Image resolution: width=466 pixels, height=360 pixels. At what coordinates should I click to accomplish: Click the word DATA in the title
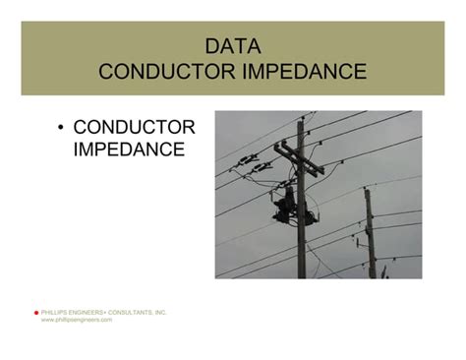233,46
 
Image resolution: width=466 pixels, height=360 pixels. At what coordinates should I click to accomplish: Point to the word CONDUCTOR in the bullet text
135,128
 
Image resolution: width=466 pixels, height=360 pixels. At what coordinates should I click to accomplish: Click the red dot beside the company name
35,313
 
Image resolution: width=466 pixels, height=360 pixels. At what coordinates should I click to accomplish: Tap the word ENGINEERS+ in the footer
91,313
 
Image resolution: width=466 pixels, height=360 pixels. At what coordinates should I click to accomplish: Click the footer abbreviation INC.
161,313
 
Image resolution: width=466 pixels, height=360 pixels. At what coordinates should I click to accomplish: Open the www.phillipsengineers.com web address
77,321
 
